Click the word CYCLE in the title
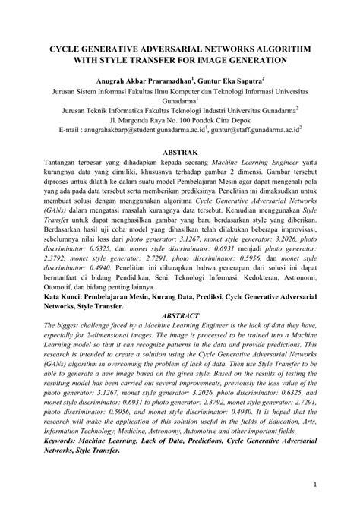pyautogui.click(x=68, y=47)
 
